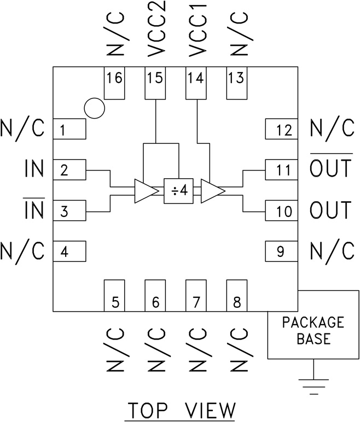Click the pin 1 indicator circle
tap(94, 108)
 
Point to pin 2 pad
tap(69, 170)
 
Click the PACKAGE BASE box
tap(312, 331)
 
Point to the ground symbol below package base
tap(312, 385)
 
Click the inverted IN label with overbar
tap(34, 209)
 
